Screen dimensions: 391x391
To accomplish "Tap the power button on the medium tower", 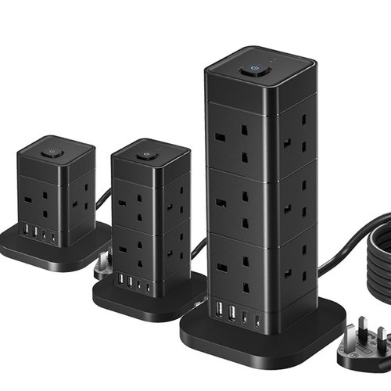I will pos(142,155).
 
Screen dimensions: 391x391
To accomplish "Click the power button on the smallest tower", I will pos(52,153).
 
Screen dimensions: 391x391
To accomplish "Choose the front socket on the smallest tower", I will pos(42,202).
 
